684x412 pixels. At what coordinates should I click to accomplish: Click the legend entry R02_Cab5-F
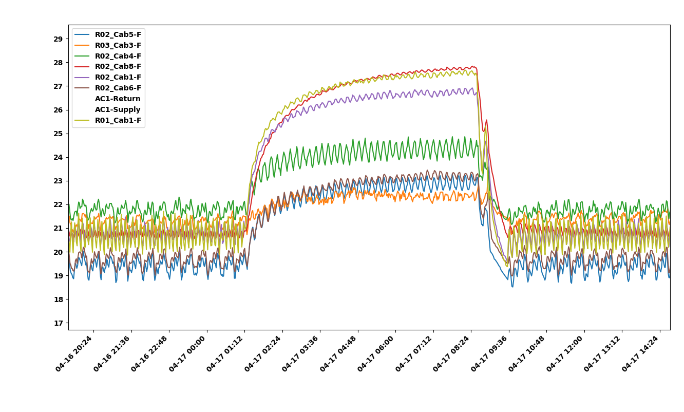tap(118, 34)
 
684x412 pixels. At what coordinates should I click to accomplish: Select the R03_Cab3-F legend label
tap(118, 45)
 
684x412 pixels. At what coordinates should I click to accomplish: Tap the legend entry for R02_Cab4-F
tap(118, 56)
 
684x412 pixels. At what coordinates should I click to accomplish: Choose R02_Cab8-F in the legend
tap(118, 66)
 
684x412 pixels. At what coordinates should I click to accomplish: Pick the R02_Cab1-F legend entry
tap(118, 77)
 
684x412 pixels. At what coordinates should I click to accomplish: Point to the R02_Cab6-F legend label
tap(118, 88)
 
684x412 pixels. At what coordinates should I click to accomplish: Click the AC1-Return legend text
tap(118, 99)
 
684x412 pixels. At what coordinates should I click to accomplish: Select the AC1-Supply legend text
tap(118, 109)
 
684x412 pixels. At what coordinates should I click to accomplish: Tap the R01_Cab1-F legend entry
tap(118, 120)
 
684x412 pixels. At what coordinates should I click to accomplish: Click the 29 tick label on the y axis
tap(58, 39)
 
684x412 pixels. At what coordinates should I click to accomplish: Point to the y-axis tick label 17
tap(58, 323)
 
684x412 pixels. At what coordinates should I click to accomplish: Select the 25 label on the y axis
tap(58, 134)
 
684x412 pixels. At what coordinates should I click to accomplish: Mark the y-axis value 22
tap(58, 204)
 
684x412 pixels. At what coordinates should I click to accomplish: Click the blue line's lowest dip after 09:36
tap(512, 287)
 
